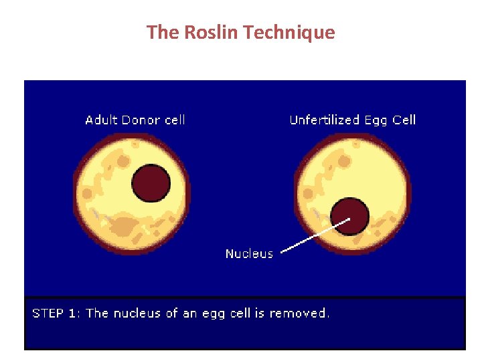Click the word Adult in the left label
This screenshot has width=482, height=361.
point(101,120)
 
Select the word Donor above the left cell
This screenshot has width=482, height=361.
point(141,120)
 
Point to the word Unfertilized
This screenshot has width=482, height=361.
point(324,120)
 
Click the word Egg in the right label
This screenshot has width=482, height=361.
point(376,121)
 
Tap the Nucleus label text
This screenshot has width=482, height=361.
point(249,253)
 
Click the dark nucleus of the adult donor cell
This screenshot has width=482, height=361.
point(151,183)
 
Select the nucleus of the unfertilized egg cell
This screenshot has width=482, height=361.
point(350,215)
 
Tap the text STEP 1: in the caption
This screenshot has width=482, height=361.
point(56,313)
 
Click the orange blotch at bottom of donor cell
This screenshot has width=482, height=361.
point(123,227)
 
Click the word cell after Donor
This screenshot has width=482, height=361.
point(173,120)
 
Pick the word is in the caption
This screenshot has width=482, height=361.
point(259,313)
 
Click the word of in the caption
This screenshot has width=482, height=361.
point(172,313)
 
